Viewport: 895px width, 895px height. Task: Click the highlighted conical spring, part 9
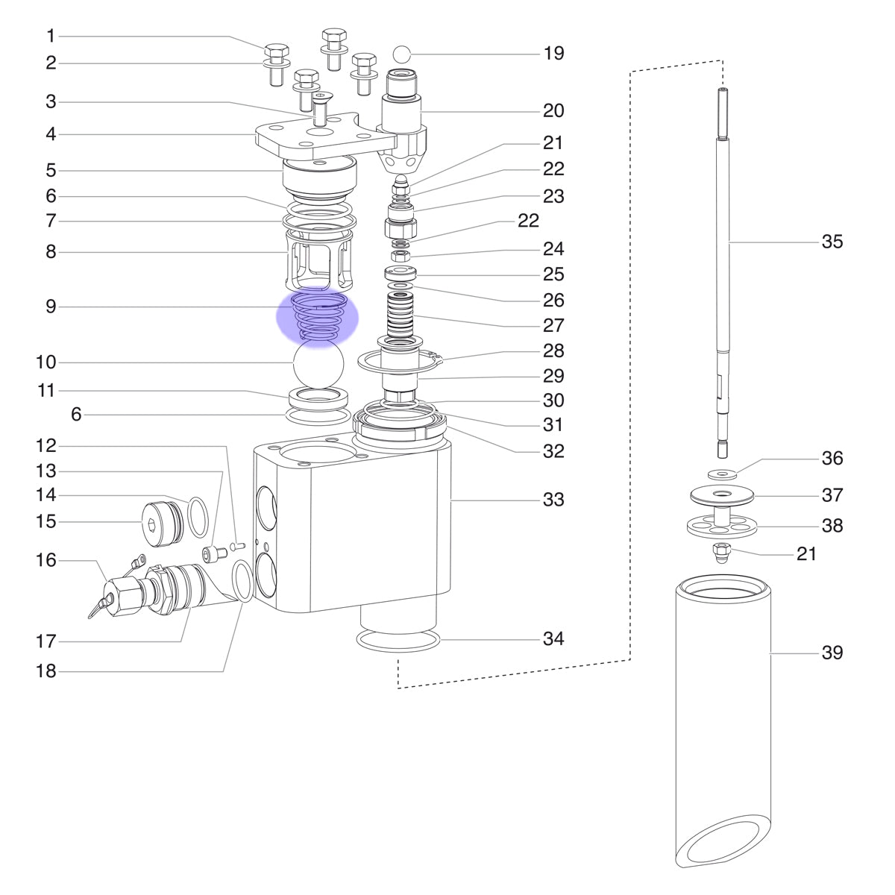point(318,315)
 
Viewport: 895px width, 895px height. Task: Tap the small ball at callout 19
point(401,54)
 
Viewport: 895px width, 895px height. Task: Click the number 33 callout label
point(553,500)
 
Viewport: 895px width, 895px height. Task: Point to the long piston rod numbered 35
point(722,273)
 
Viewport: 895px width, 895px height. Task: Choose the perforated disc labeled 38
point(721,525)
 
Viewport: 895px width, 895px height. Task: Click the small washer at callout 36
point(721,474)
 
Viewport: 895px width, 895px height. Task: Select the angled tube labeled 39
point(723,724)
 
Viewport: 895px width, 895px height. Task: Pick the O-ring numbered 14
point(198,517)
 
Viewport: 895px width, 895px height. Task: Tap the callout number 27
point(553,326)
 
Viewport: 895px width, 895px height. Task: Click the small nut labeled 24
point(400,256)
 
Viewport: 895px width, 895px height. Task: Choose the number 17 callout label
point(46,642)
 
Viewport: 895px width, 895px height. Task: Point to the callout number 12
point(46,446)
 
